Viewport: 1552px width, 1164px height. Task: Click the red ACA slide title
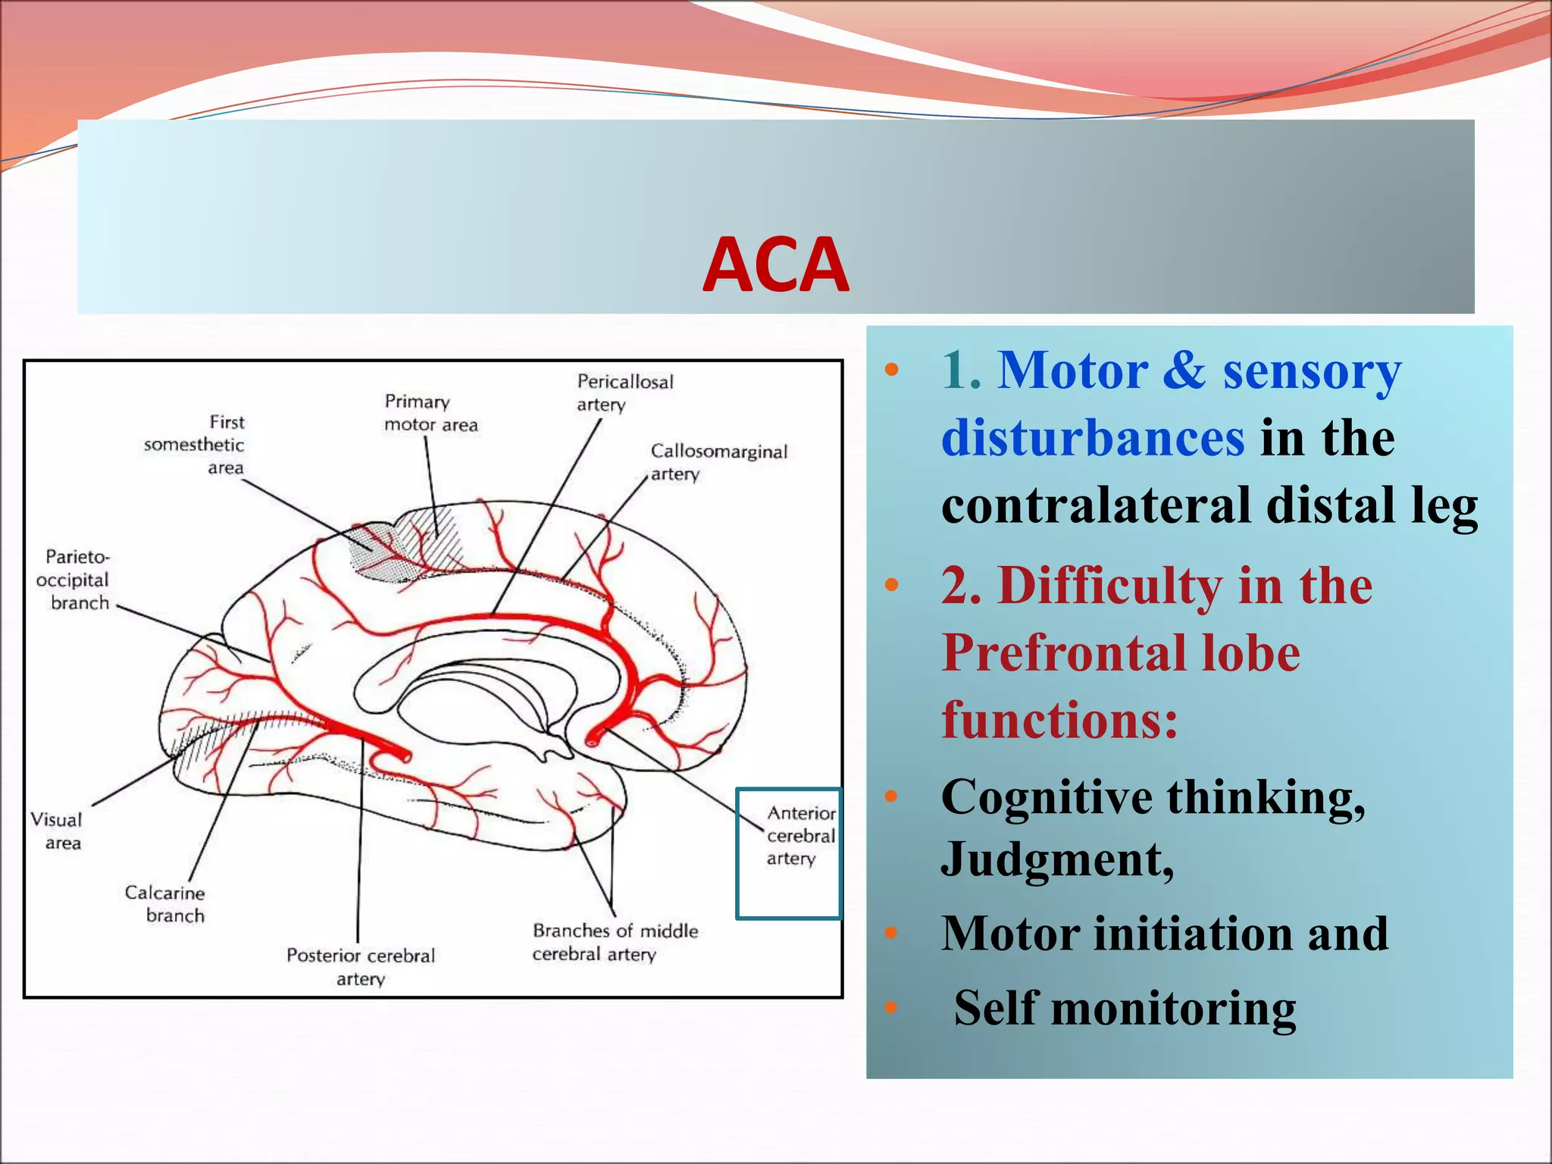(x=775, y=265)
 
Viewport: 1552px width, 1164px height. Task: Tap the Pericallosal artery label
(x=624, y=393)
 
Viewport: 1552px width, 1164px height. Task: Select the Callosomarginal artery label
(x=718, y=462)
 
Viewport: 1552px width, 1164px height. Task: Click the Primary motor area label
(x=430, y=413)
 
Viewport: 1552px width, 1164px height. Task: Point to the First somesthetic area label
(x=196, y=445)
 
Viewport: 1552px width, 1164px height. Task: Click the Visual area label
(x=56, y=831)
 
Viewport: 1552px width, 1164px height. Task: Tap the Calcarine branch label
(x=165, y=904)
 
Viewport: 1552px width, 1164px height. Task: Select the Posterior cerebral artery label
(x=361, y=966)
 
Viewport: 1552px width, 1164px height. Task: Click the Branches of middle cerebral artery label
(x=615, y=942)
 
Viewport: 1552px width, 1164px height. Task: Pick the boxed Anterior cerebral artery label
(x=800, y=836)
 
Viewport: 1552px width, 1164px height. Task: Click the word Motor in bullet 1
(x=1072, y=371)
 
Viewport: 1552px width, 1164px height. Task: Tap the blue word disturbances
(x=1092, y=438)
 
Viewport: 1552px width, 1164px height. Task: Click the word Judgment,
(x=1058, y=859)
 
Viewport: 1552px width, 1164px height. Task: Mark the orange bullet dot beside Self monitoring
(x=891, y=1008)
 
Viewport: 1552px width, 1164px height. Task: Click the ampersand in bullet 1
(x=1184, y=371)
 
